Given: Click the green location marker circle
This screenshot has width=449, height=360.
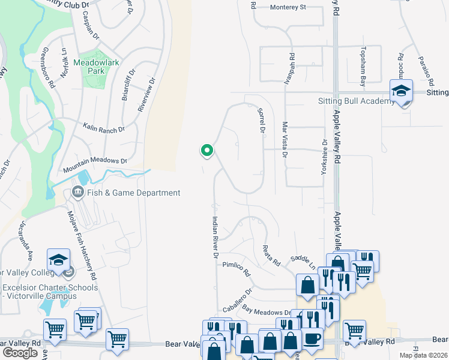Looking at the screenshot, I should point(207,150).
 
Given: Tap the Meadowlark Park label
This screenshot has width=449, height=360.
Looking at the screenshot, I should point(89,67).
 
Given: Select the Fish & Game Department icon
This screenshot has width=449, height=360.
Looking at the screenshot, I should point(77,193).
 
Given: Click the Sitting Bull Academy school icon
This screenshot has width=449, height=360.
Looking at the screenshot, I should point(401,91).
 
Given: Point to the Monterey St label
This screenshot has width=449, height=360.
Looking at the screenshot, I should point(288,8).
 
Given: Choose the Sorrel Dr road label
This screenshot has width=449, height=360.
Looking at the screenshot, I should point(261,120).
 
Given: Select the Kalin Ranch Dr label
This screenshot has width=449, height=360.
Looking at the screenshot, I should point(104,128).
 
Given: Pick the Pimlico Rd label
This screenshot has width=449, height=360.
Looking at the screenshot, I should point(236,268).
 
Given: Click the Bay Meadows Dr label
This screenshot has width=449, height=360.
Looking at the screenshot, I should point(267,311).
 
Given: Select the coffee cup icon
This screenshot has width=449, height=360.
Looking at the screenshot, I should point(311,339).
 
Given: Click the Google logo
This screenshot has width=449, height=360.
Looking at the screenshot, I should point(20,353).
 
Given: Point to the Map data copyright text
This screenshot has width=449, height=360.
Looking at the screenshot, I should point(423,355).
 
